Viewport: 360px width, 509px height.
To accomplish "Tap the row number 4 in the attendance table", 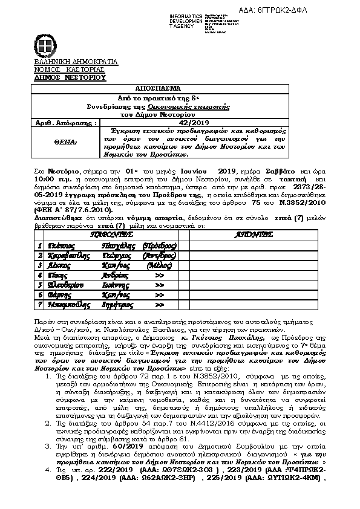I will (x=40, y=274).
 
